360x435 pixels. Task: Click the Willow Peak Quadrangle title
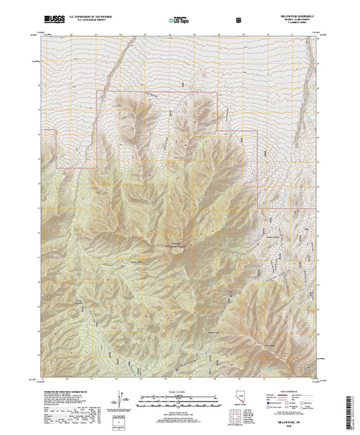(297, 10)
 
